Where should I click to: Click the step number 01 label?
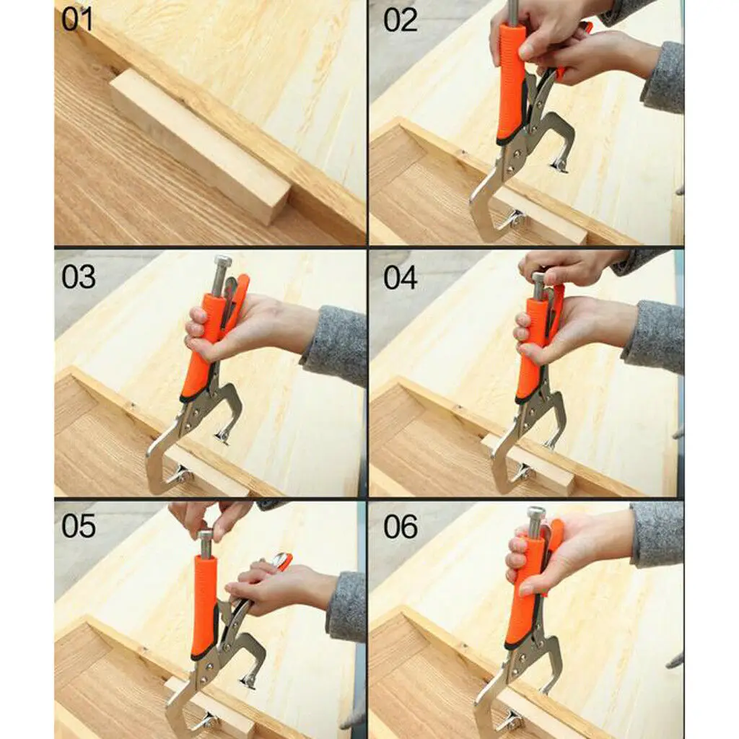pyautogui.click(x=77, y=19)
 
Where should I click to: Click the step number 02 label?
pyautogui.click(x=400, y=19)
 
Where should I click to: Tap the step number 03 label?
pyautogui.click(x=78, y=276)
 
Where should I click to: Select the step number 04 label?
pyautogui.click(x=400, y=276)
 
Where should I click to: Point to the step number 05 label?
pyautogui.click(x=78, y=526)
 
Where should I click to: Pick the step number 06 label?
pyautogui.click(x=401, y=526)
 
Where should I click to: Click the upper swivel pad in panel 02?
pyautogui.click(x=560, y=165)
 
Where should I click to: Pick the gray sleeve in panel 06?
pyautogui.click(x=657, y=534)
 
